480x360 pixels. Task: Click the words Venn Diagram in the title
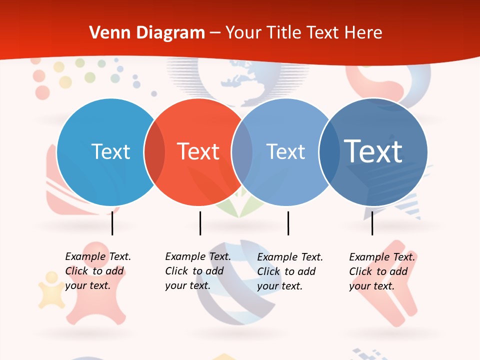coord(147,33)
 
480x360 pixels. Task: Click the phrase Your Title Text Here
coord(303,33)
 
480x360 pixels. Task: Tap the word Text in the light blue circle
coord(110,151)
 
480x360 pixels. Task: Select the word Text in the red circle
coord(198,151)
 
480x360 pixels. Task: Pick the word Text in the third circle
coord(285,151)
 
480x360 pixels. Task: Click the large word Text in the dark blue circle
coord(373,151)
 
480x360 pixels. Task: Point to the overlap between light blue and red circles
coord(154,152)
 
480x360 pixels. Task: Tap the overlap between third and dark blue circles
coord(329,152)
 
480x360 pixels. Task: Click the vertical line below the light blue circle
coord(112,223)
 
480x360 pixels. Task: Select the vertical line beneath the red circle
coord(200,223)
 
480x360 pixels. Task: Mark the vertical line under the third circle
coord(288,223)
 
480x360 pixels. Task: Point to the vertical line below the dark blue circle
coord(372,223)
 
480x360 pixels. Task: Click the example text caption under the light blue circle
coord(98,271)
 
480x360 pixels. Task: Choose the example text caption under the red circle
coord(198,271)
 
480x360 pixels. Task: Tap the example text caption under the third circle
coord(290,271)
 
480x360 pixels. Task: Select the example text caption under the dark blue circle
coord(382,271)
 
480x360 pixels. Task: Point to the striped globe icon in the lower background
coord(235,285)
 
